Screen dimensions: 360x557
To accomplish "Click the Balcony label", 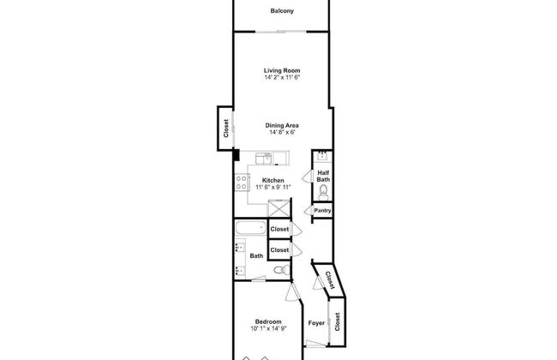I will pyautogui.click(x=281, y=11).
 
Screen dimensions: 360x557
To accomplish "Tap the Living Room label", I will pyautogui.click(x=281, y=70).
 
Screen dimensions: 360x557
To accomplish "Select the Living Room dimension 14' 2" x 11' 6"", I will pyautogui.click(x=281, y=78).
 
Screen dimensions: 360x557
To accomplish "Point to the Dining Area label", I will pyautogui.click(x=281, y=125).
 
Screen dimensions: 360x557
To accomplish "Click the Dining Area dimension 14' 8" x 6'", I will pyautogui.click(x=281, y=133).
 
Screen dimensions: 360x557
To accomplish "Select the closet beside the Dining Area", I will pyautogui.click(x=225, y=128).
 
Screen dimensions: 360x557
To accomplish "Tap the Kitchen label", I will pyautogui.click(x=273, y=180).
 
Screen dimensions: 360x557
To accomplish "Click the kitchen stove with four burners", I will pyautogui.click(x=242, y=182).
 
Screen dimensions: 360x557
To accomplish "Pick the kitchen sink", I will pyautogui.click(x=267, y=157).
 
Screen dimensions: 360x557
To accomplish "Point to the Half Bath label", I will pyautogui.click(x=323, y=176).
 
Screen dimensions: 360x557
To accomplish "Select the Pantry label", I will pyautogui.click(x=322, y=211).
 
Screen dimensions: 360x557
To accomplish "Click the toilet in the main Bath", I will pyautogui.click(x=277, y=271).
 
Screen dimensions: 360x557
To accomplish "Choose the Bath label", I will pyautogui.click(x=256, y=255).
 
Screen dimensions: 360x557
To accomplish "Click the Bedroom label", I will pyautogui.click(x=268, y=322).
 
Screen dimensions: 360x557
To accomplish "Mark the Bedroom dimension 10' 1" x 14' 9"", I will pyautogui.click(x=268, y=330).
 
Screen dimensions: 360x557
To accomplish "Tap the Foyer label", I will pyautogui.click(x=316, y=324).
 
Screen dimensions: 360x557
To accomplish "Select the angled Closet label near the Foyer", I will pyautogui.click(x=328, y=279).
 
